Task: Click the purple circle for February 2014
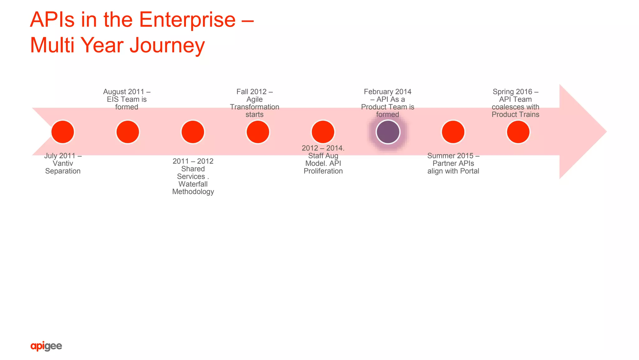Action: (x=388, y=132)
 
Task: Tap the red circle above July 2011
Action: (x=63, y=132)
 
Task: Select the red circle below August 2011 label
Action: (x=128, y=132)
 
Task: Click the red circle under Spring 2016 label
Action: (x=518, y=132)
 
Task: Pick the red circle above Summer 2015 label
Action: (x=453, y=132)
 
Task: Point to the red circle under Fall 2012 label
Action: (x=258, y=132)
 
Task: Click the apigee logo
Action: (x=46, y=346)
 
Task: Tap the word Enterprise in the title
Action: (x=187, y=20)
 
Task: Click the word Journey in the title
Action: (x=167, y=45)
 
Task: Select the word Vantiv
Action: (x=63, y=163)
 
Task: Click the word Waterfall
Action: (x=193, y=184)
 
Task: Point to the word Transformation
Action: (x=254, y=107)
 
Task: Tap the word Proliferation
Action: (x=323, y=171)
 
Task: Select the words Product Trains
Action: (x=515, y=114)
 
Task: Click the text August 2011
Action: (x=124, y=91)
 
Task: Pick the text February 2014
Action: (x=388, y=91)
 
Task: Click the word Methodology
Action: (x=193, y=192)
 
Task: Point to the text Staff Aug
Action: (x=323, y=155)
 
